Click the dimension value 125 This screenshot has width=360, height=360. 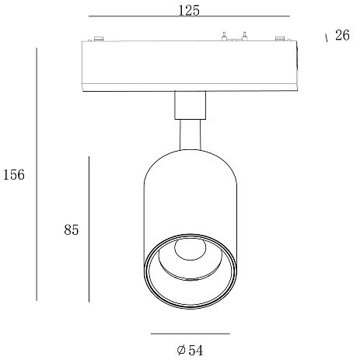click(x=189, y=11)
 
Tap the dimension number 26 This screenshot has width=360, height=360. click(x=342, y=35)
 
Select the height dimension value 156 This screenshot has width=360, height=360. click(x=14, y=174)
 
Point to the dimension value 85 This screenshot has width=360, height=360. click(x=72, y=229)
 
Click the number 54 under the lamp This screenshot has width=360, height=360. click(x=196, y=351)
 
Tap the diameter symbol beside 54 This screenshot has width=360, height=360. click(x=181, y=350)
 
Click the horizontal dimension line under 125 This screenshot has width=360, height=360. click(x=189, y=16)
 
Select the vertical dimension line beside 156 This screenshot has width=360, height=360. click(x=37, y=174)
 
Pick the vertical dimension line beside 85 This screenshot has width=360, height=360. click(x=89, y=229)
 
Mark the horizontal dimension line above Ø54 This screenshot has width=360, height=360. click(x=190, y=334)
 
